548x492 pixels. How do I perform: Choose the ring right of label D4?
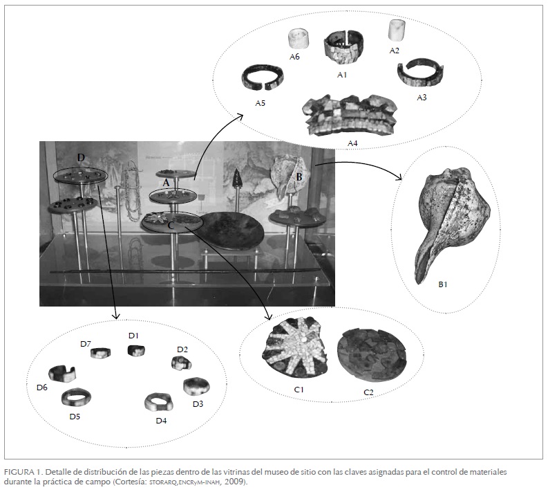click(x=159, y=402)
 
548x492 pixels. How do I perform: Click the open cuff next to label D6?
click(x=61, y=374)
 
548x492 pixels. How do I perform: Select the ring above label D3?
click(x=196, y=385)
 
